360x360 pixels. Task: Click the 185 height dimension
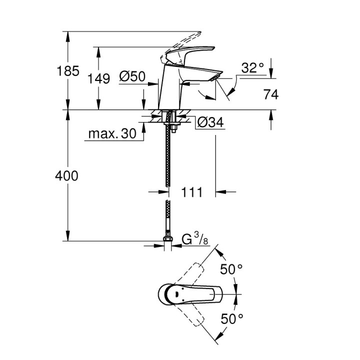[x=68, y=71]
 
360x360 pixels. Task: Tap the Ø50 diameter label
[x=132, y=76]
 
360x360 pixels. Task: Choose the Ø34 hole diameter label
[x=209, y=122]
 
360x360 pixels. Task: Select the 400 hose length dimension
[x=68, y=176]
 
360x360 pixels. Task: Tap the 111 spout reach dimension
[x=191, y=192]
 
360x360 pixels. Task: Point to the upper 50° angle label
[x=231, y=269]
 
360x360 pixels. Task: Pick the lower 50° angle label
[x=231, y=317]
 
